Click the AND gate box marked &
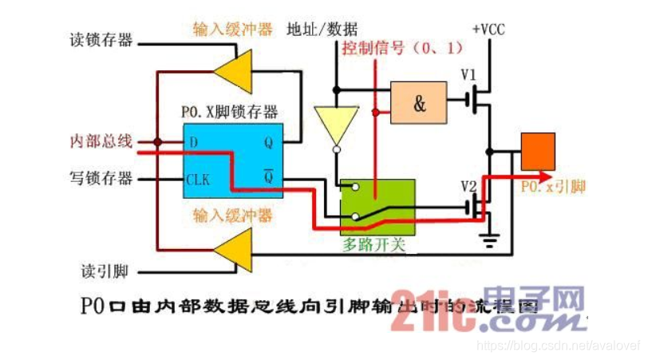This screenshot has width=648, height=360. [418, 102]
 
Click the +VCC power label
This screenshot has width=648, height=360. [488, 30]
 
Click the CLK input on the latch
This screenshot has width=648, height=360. [198, 179]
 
